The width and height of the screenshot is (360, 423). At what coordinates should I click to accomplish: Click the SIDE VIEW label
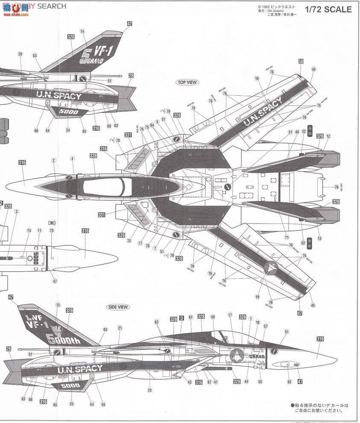point(118,307)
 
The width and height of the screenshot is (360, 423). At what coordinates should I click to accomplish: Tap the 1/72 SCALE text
point(329,9)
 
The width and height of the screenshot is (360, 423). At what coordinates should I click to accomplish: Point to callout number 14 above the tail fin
point(82,31)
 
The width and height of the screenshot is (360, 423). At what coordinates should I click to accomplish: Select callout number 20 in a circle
point(20,54)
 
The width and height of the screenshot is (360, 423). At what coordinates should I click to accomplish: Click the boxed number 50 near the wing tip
point(301,62)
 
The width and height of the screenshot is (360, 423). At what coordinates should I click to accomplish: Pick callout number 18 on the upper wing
point(257,78)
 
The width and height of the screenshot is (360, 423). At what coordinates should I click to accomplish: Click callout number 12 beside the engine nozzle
point(328,136)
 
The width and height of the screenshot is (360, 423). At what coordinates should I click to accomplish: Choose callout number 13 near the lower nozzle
point(319,238)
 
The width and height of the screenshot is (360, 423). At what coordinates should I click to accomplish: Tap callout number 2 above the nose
point(54,160)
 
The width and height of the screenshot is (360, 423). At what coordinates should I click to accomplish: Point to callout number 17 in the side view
point(230,315)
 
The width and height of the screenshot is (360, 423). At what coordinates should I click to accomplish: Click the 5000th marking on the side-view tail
point(64,341)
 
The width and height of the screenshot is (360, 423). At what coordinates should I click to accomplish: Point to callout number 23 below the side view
point(150,390)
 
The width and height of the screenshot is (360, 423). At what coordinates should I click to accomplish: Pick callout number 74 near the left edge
point(29,230)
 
